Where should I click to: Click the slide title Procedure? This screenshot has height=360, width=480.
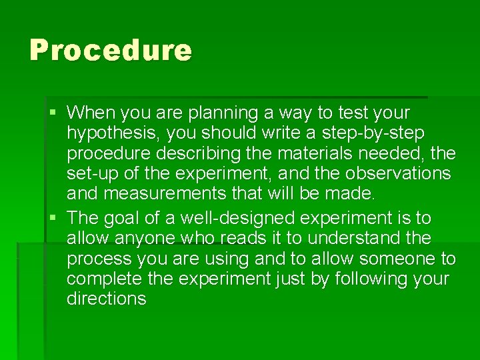coord(111,50)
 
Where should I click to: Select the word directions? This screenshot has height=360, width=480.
coord(106,299)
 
